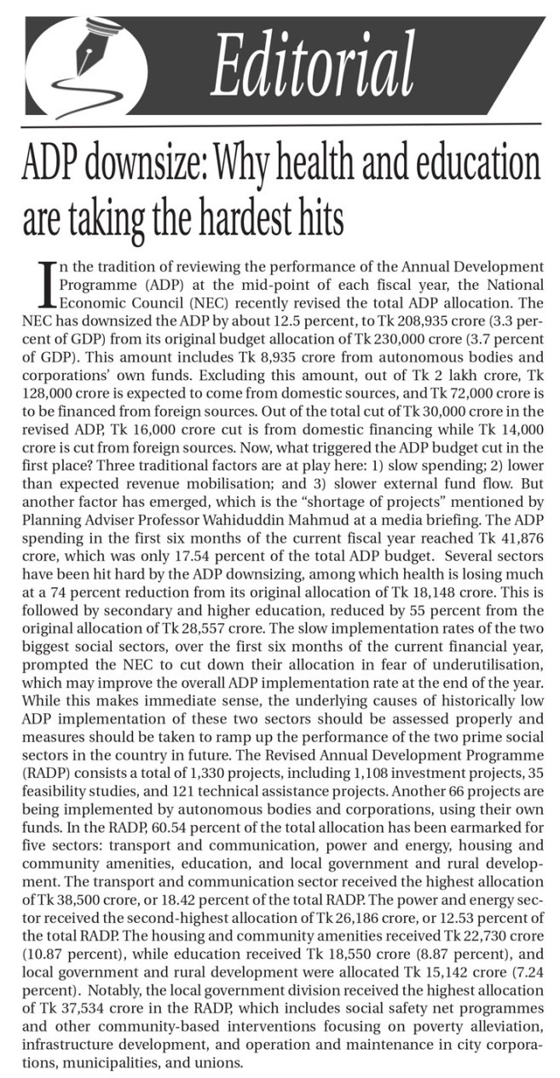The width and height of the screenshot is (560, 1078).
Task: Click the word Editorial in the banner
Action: click(x=313, y=65)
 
